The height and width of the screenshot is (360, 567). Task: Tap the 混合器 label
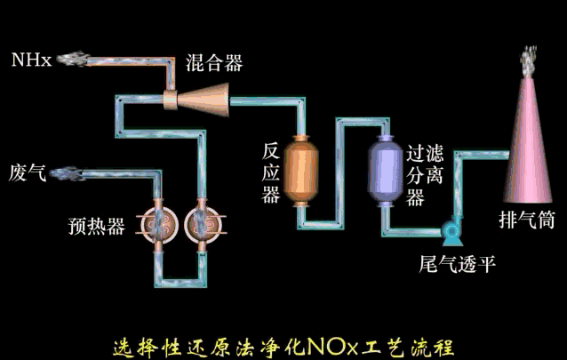point(213,63)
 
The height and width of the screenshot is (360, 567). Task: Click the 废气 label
point(27,172)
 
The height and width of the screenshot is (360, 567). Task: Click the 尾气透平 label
point(458,264)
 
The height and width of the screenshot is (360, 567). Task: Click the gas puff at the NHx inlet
point(76,60)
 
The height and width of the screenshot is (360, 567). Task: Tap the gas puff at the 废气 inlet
point(69,172)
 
